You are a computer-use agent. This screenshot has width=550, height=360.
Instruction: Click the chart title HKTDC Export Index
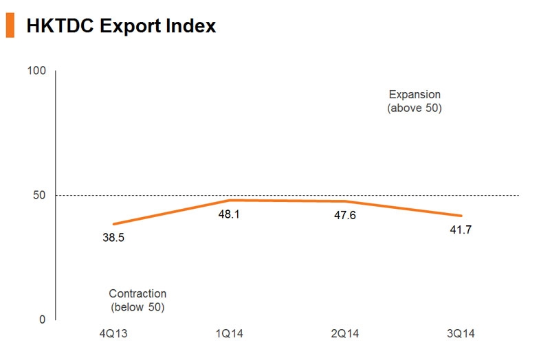[121, 26]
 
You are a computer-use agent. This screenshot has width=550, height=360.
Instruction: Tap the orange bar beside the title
[10, 25]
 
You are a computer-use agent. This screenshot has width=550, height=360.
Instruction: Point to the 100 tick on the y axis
[36, 71]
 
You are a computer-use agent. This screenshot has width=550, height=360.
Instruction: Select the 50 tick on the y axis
[39, 196]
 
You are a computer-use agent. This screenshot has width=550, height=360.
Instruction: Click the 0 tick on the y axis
[42, 320]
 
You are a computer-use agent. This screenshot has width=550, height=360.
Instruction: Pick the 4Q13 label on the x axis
[113, 335]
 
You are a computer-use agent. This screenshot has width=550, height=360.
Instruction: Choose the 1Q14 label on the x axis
[229, 335]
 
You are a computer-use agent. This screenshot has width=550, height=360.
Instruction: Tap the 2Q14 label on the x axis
[344, 335]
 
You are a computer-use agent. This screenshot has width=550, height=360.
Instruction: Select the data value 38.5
[113, 238]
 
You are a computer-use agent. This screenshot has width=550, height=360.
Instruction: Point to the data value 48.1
[229, 214]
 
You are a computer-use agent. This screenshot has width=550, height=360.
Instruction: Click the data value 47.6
[344, 216]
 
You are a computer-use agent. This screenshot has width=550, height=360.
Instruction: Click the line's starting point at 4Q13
[113, 224]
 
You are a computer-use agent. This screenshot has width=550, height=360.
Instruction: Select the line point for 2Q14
[344, 201]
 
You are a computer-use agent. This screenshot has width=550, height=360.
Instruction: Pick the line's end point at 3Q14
[461, 216]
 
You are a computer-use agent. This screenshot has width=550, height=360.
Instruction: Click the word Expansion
[415, 94]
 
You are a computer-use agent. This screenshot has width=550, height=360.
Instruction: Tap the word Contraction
[137, 293]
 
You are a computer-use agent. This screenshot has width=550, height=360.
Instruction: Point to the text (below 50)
[137, 307]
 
